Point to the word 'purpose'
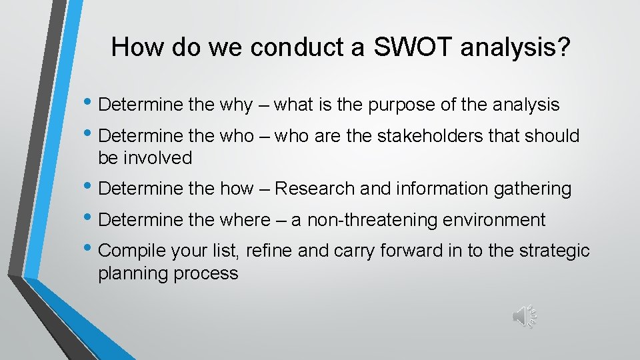coord(399,105)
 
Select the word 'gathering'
coord(532,189)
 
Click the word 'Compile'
coord(131,251)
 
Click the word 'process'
coord(207,273)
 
